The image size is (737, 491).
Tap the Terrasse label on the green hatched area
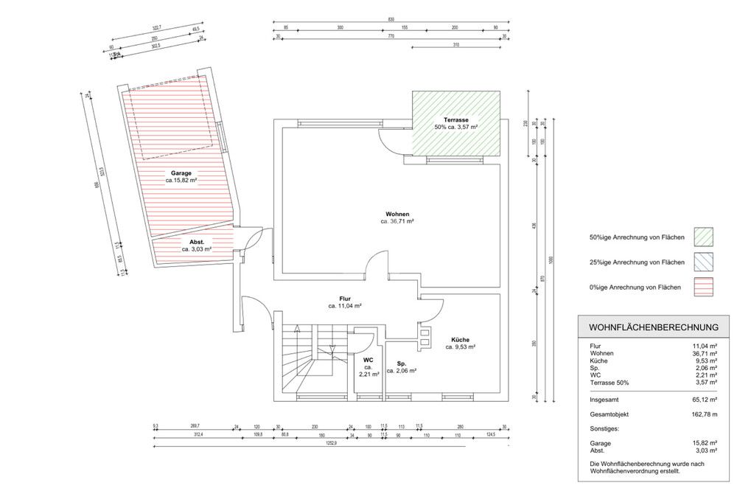[x=456, y=120]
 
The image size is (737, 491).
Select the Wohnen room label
[x=397, y=214]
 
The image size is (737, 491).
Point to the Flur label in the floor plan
[x=344, y=299]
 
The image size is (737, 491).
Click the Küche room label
[x=460, y=339]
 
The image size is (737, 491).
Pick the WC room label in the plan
[x=368, y=361]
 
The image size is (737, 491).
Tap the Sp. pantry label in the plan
[x=402, y=364]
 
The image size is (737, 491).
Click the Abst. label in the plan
[x=197, y=242]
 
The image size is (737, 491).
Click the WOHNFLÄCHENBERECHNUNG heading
[x=654, y=327]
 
